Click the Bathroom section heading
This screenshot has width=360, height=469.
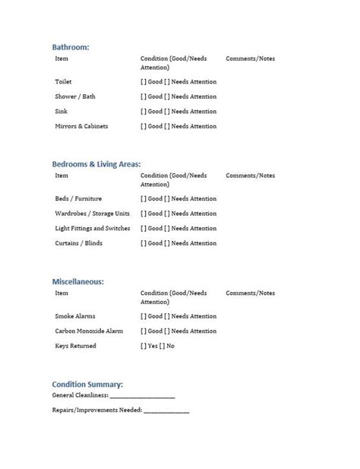[71, 46]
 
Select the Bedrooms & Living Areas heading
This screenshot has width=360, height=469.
[96, 163]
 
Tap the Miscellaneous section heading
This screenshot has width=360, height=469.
[78, 281]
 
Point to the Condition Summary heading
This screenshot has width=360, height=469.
[87, 384]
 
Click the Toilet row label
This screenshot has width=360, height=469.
[64, 81]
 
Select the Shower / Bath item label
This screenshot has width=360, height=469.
[72, 97]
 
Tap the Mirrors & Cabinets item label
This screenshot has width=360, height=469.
[81, 126]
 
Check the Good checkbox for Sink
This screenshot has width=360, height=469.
[144, 112]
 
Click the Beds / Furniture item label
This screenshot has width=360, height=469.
[77, 198]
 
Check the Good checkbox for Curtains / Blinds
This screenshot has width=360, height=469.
[144, 243]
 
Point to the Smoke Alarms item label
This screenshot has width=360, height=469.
[75, 316]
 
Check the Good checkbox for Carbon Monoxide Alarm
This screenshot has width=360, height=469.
[144, 331]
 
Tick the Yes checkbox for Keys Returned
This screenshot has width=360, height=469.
[144, 346]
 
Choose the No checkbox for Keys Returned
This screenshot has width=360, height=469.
[163, 346]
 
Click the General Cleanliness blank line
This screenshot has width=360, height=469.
[142, 396]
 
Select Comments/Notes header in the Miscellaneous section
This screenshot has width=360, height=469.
[251, 293]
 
